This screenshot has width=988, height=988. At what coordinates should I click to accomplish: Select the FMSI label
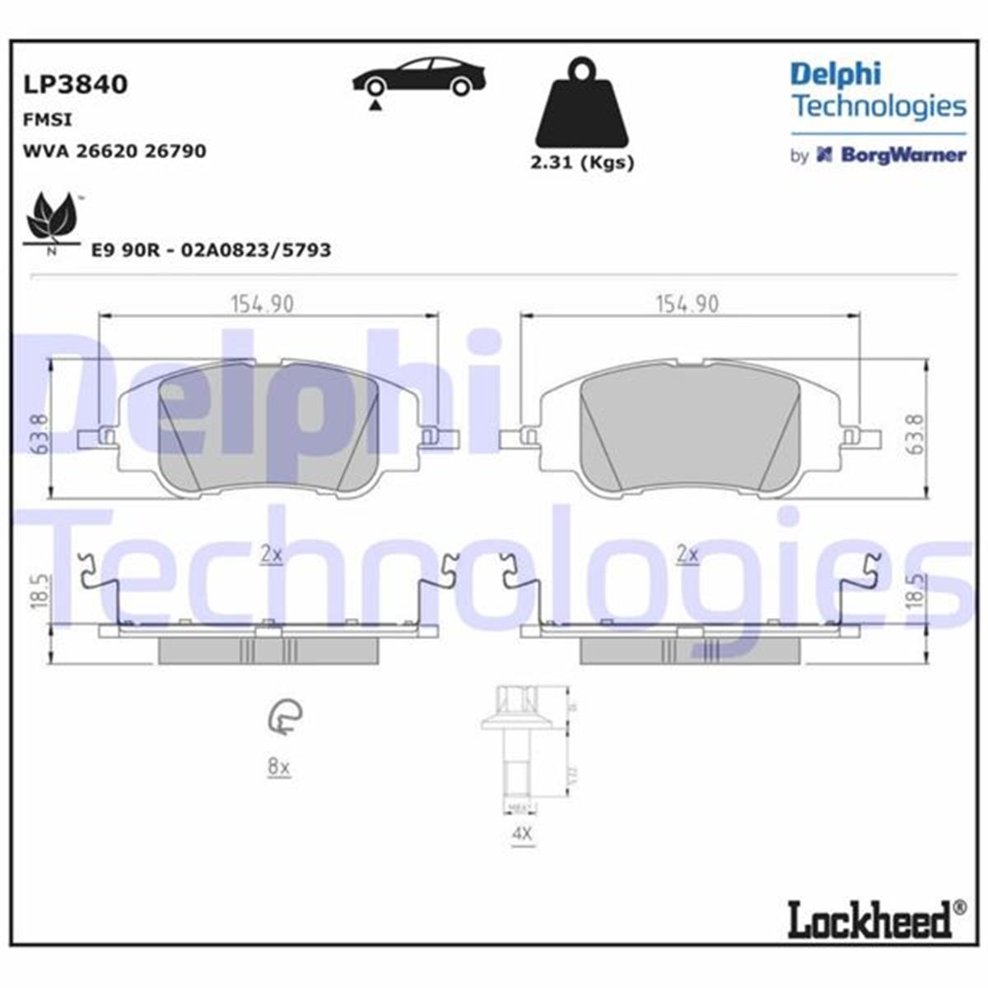pyautogui.click(x=47, y=120)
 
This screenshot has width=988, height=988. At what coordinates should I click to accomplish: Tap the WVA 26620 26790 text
pyautogui.click(x=114, y=151)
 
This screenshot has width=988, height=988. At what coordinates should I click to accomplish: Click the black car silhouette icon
pyautogui.click(x=418, y=79)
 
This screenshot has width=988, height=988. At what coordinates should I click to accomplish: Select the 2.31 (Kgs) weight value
pyautogui.click(x=582, y=163)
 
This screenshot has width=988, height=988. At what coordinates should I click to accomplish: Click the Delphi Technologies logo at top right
pyautogui.click(x=878, y=90)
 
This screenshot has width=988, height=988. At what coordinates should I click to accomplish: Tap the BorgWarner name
pyautogui.click(x=902, y=155)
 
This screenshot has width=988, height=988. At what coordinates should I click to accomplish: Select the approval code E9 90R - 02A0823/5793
pyautogui.click(x=210, y=250)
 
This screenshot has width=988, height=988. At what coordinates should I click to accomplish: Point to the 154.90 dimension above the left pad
pyautogui.click(x=261, y=304)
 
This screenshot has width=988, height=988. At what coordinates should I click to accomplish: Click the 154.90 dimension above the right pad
pyautogui.click(x=686, y=304)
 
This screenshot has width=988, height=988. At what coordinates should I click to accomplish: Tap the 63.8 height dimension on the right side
pyautogui.click(x=916, y=434)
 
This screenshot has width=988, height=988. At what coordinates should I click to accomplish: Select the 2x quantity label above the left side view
pyautogui.click(x=271, y=555)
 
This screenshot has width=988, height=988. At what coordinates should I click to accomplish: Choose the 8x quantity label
pyautogui.click(x=279, y=767)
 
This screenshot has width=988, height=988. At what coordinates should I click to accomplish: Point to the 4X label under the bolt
pyautogui.click(x=522, y=834)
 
